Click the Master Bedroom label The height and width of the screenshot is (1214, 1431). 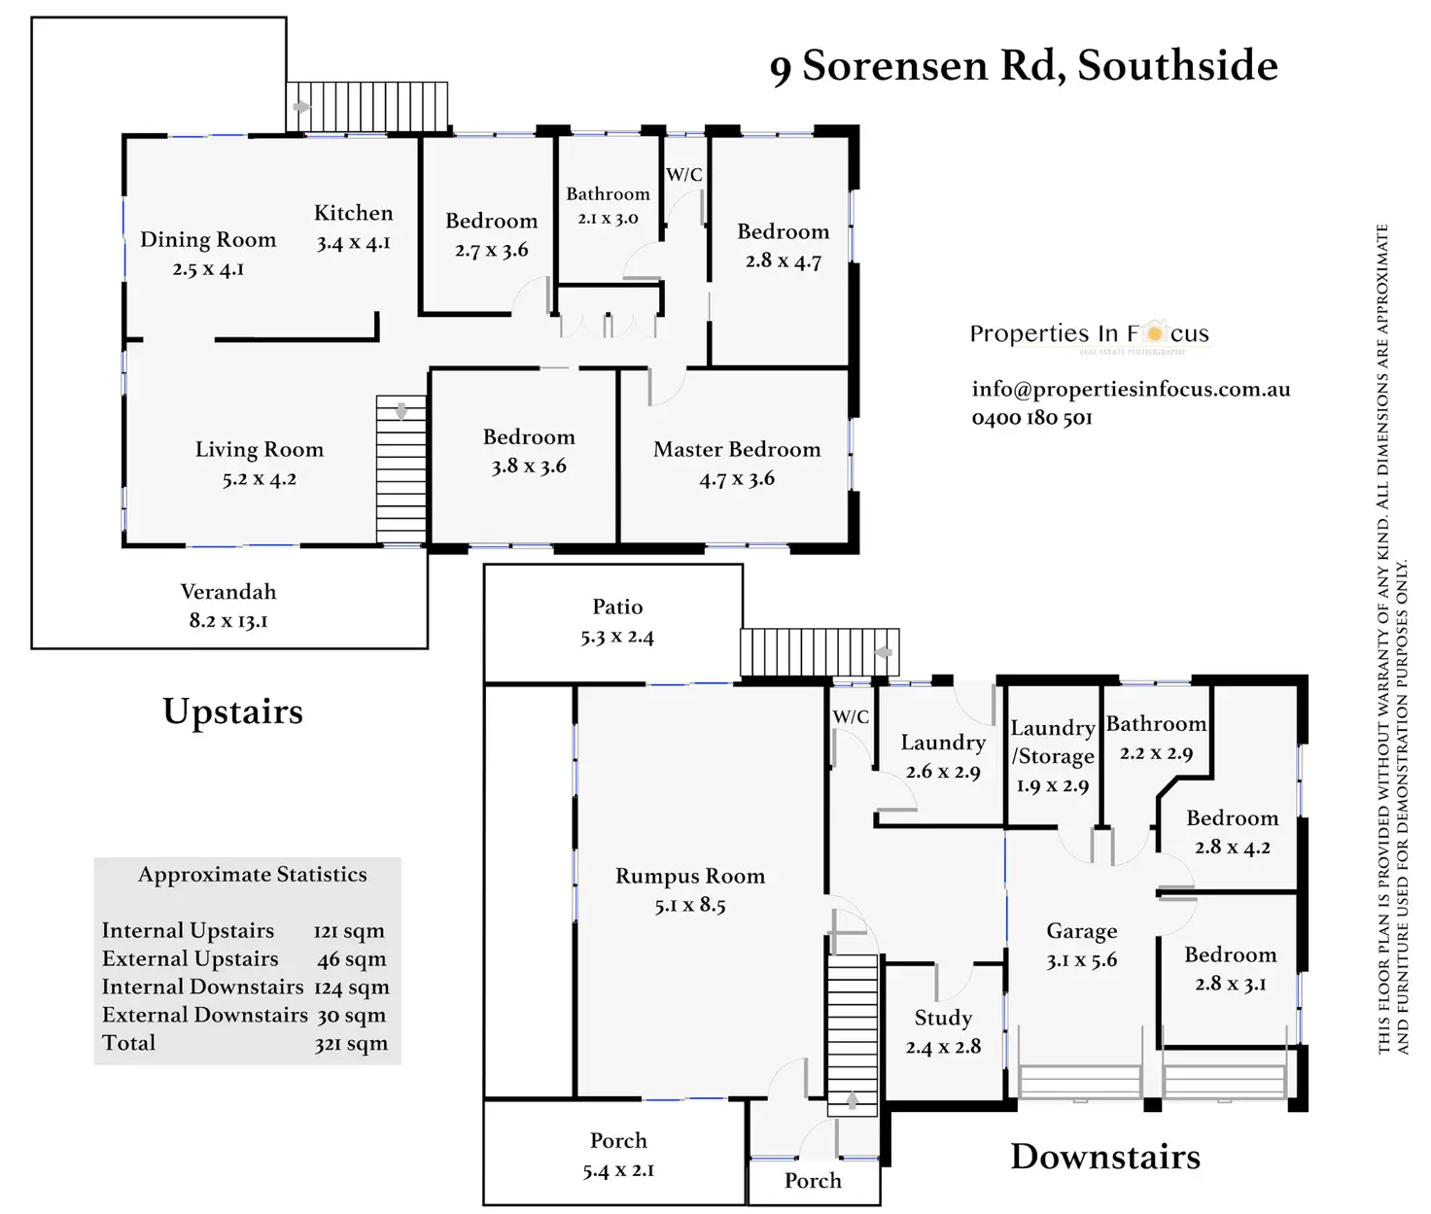pyautogui.click(x=737, y=449)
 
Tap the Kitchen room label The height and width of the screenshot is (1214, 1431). pyautogui.click(x=353, y=214)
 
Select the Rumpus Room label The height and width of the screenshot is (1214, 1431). pyautogui.click(x=690, y=876)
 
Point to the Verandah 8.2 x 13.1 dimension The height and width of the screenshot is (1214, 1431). pyautogui.click(x=228, y=620)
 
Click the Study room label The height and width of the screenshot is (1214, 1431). pyautogui.click(x=943, y=1018)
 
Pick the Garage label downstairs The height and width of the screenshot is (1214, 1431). pyautogui.click(x=1081, y=931)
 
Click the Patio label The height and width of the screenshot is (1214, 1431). pyautogui.click(x=617, y=607)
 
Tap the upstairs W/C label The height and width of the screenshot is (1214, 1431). pyautogui.click(x=683, y=175)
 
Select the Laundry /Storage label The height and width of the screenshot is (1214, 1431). pyautogui.click(x=1053, y=742)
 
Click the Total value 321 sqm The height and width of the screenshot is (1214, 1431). pyautogui.click(x=351, y=1044)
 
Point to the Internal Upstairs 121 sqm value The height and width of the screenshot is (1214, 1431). pyautogui.click(x=349, y=931)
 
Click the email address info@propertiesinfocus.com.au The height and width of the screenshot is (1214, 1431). pyautogui.click(x=1131, y=389)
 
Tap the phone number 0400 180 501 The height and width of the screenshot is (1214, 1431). pyautogui.click(x=1031, y=418)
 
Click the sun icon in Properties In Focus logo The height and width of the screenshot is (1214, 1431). pyautogui.click(x=1154, y=332)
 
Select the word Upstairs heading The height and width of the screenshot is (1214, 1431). pyautogui.click(x=232, y=711)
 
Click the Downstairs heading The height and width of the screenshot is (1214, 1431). pyautogui.click(x=1105, y=1157)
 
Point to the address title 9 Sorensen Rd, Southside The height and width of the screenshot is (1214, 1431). pyautogui.click(x=1023, y=66)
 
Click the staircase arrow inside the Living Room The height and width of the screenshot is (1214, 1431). pyautogui.click(x=401, y=411)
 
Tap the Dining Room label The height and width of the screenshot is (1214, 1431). pyautogui.click(x=208, y=240)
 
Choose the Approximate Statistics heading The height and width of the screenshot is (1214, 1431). pyautogui.click(x=253, y=875)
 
